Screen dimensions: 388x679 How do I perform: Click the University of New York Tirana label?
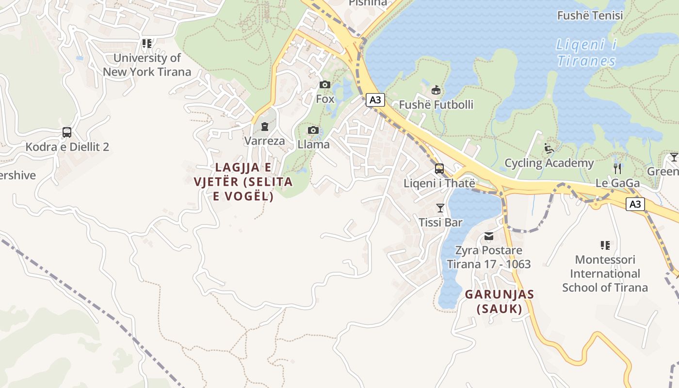146,65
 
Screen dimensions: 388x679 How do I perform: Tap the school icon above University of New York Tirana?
146,44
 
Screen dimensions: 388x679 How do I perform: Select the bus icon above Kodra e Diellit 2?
67,132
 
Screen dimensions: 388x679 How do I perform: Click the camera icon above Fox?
325,85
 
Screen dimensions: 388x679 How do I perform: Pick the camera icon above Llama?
313,130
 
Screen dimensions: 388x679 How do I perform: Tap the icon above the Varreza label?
264,127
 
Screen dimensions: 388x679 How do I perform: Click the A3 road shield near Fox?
375,100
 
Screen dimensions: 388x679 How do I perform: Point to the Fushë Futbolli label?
436,105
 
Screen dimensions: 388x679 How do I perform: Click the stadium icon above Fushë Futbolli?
436,90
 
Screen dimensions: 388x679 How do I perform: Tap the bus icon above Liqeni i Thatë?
439,169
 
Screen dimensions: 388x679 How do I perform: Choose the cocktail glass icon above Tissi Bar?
440,208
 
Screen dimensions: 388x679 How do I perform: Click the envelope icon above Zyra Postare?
488,236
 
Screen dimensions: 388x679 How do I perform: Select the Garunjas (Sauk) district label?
500,301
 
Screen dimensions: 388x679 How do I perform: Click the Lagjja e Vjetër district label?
243,182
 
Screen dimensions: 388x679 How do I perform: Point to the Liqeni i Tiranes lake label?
586,53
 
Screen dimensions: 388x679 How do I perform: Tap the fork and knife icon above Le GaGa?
617,169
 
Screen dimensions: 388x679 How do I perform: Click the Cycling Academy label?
549,163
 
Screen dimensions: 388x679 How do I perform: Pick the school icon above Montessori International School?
605,245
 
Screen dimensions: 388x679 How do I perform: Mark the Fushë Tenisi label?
590,16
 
